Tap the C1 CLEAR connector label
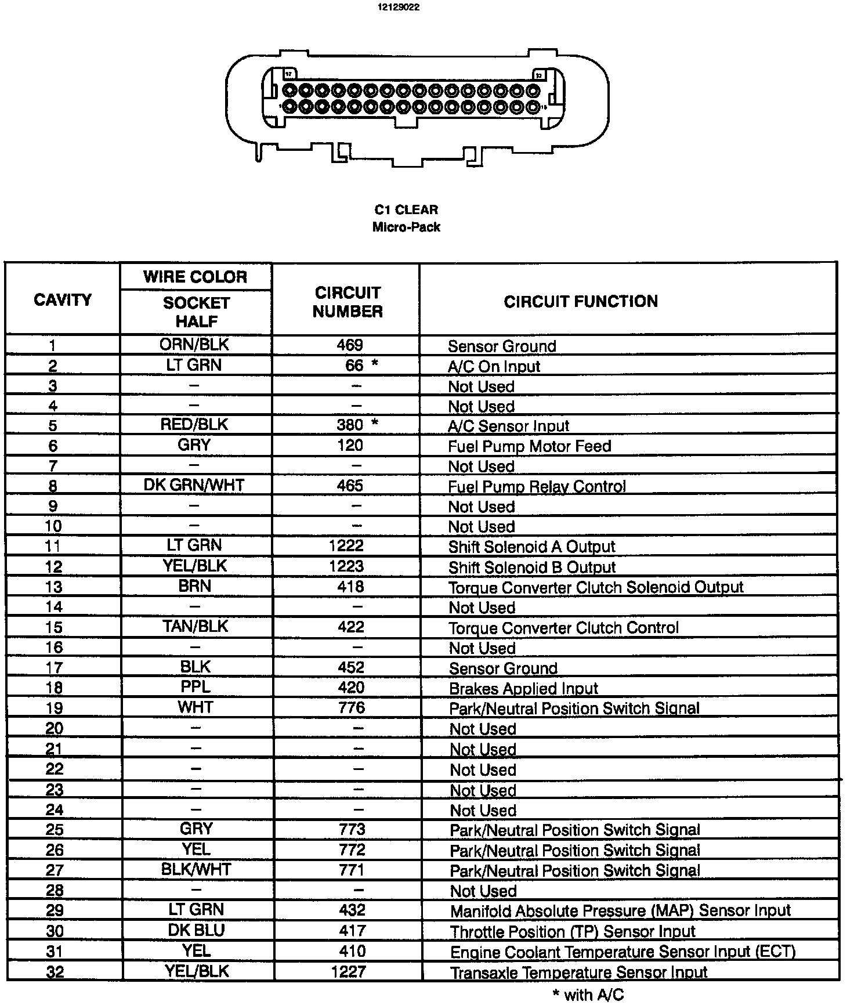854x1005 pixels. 406,209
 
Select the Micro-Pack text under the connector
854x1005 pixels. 406,227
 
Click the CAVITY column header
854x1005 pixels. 63,300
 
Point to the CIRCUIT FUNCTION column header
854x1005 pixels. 581,301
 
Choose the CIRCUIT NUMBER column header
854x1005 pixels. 348,302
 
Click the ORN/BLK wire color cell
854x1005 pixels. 194,345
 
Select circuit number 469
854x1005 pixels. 350,345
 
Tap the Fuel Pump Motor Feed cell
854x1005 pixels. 530,446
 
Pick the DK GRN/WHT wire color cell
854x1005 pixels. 194,485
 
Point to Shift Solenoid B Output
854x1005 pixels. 532,567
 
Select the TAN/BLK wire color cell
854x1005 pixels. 195,627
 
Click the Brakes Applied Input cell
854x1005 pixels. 523,689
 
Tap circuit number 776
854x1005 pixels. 352,708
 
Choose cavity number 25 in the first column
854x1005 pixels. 55,830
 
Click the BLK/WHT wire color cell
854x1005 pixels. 196,869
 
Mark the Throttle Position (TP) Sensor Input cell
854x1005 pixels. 573,932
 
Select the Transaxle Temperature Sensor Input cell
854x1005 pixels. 579,973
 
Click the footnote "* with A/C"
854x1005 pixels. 588,995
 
